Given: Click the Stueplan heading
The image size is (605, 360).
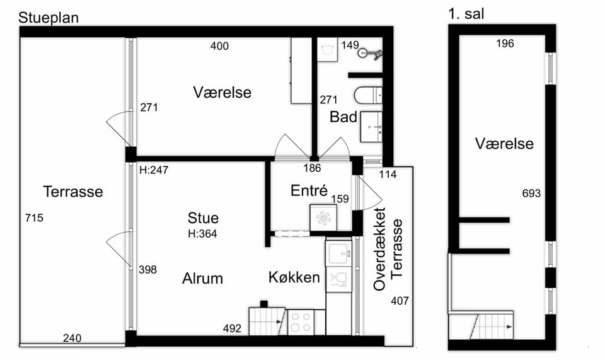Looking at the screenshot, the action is coord(49,18).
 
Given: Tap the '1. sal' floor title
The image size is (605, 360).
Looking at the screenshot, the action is coord(466,14).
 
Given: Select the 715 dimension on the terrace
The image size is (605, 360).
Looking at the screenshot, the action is coord(34,218).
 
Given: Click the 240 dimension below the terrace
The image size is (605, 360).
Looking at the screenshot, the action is coord(72,338).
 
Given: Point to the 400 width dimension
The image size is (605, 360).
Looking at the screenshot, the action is coord(219,46).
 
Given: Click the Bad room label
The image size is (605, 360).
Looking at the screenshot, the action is coord(343,117).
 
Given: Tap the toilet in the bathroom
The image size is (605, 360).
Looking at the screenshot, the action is coord(367,96).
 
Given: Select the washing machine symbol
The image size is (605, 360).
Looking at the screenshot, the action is coord(327,50).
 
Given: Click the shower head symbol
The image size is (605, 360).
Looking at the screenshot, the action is coord(369,54).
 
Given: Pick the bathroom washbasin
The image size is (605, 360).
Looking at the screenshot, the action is coord(371,127).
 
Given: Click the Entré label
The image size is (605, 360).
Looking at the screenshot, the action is coord(309,190).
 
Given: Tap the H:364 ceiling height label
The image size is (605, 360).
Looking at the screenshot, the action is coord(202,234).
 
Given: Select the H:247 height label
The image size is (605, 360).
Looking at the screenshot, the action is coord(154,170).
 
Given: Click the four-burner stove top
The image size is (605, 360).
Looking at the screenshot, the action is coord(301,322).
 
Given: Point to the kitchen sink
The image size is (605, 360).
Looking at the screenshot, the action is coord(339,253).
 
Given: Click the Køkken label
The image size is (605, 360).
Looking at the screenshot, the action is coord(294,277).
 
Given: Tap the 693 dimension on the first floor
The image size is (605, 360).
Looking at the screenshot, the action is coord(531,194).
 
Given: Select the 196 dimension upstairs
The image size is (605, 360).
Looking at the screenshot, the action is coord(505,44).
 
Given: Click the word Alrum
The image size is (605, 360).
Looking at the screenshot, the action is coord(202,278).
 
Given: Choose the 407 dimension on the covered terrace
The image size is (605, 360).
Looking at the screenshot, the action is coord(400,301).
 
